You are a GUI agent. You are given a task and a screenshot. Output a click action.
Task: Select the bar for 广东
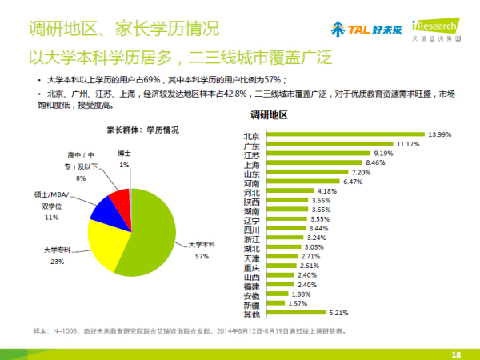click(327, 144)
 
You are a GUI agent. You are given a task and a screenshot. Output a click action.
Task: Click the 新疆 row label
click(250, 305)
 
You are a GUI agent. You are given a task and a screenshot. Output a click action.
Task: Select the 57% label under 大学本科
click(202, 256)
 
